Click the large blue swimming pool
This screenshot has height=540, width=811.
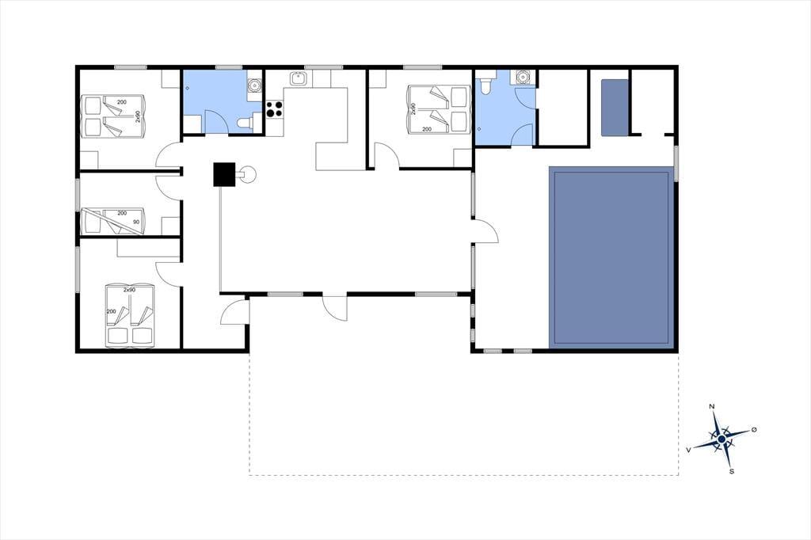tap(611, 257)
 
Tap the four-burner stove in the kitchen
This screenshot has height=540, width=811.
tap(275, 108)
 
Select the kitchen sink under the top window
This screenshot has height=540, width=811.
tap(298, 78)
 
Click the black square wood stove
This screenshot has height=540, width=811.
tap(224, 174)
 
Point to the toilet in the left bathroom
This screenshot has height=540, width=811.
tap(245, 123)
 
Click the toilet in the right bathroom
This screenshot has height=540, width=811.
tap(485, 86)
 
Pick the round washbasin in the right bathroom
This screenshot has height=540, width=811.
tap(524, 78)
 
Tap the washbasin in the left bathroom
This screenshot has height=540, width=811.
tap(254, 84)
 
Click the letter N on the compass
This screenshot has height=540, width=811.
tap(712, 406)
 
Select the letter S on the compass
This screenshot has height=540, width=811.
tap(731, 471)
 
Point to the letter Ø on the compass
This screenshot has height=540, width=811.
tap(754, 429)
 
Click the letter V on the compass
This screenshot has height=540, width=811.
tap(688, 450)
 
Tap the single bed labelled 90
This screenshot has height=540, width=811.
tap(112, 221)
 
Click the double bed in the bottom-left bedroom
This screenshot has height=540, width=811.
tap(129, 314)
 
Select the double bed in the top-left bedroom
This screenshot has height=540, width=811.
tap(112, 116)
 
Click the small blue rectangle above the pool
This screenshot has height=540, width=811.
tap(615, 108)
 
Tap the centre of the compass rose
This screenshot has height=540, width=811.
tap(721, 439)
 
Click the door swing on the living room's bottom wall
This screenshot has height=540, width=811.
tap(335, 308)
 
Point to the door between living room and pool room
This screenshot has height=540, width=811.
tap(485, 230)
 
